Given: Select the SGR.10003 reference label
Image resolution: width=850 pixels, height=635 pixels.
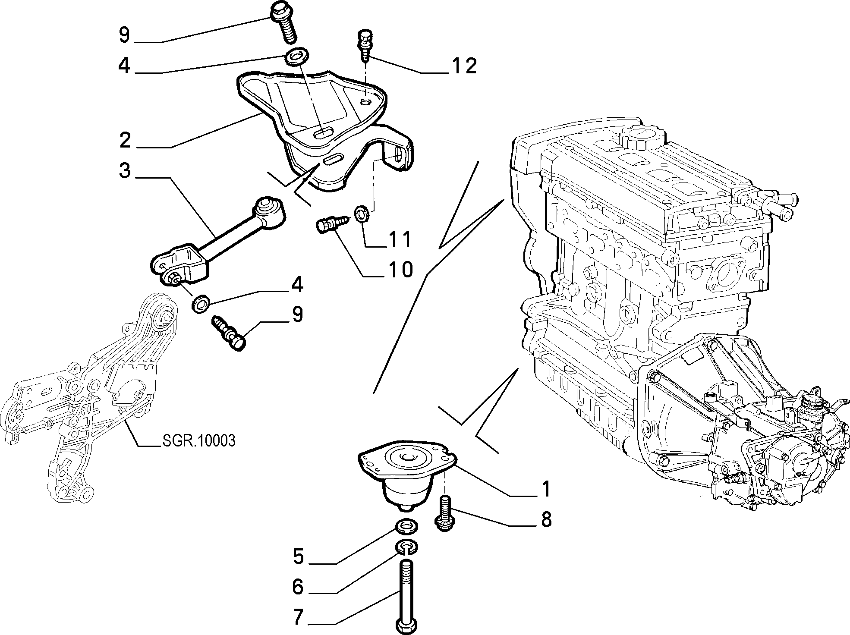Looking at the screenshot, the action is point(199,440).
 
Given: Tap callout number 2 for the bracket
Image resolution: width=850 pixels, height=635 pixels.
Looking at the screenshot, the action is point(125,140).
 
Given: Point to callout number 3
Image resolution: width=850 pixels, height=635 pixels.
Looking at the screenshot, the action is point(125,171).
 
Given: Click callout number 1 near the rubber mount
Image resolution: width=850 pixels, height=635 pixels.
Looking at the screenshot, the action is point(546,489).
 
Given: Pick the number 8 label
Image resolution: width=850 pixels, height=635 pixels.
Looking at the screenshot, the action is point(546,520).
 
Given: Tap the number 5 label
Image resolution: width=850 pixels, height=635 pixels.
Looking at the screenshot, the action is point(298,556).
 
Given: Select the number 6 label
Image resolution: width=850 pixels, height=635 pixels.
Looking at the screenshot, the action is point(298,587).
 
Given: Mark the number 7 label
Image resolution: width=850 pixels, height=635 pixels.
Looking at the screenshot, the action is point(298,617).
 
